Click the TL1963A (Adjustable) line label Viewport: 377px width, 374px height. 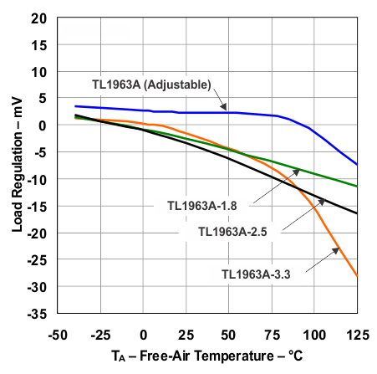coord(151,84)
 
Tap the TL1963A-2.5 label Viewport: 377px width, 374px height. coord(236,231)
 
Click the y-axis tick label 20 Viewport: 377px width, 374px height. coord(38,18)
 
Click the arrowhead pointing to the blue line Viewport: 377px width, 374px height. coord(225,108)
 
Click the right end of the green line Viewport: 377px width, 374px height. coord(357,186)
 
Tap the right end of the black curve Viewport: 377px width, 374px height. coord(357,213)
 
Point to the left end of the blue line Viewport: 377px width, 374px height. coord(75,106)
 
